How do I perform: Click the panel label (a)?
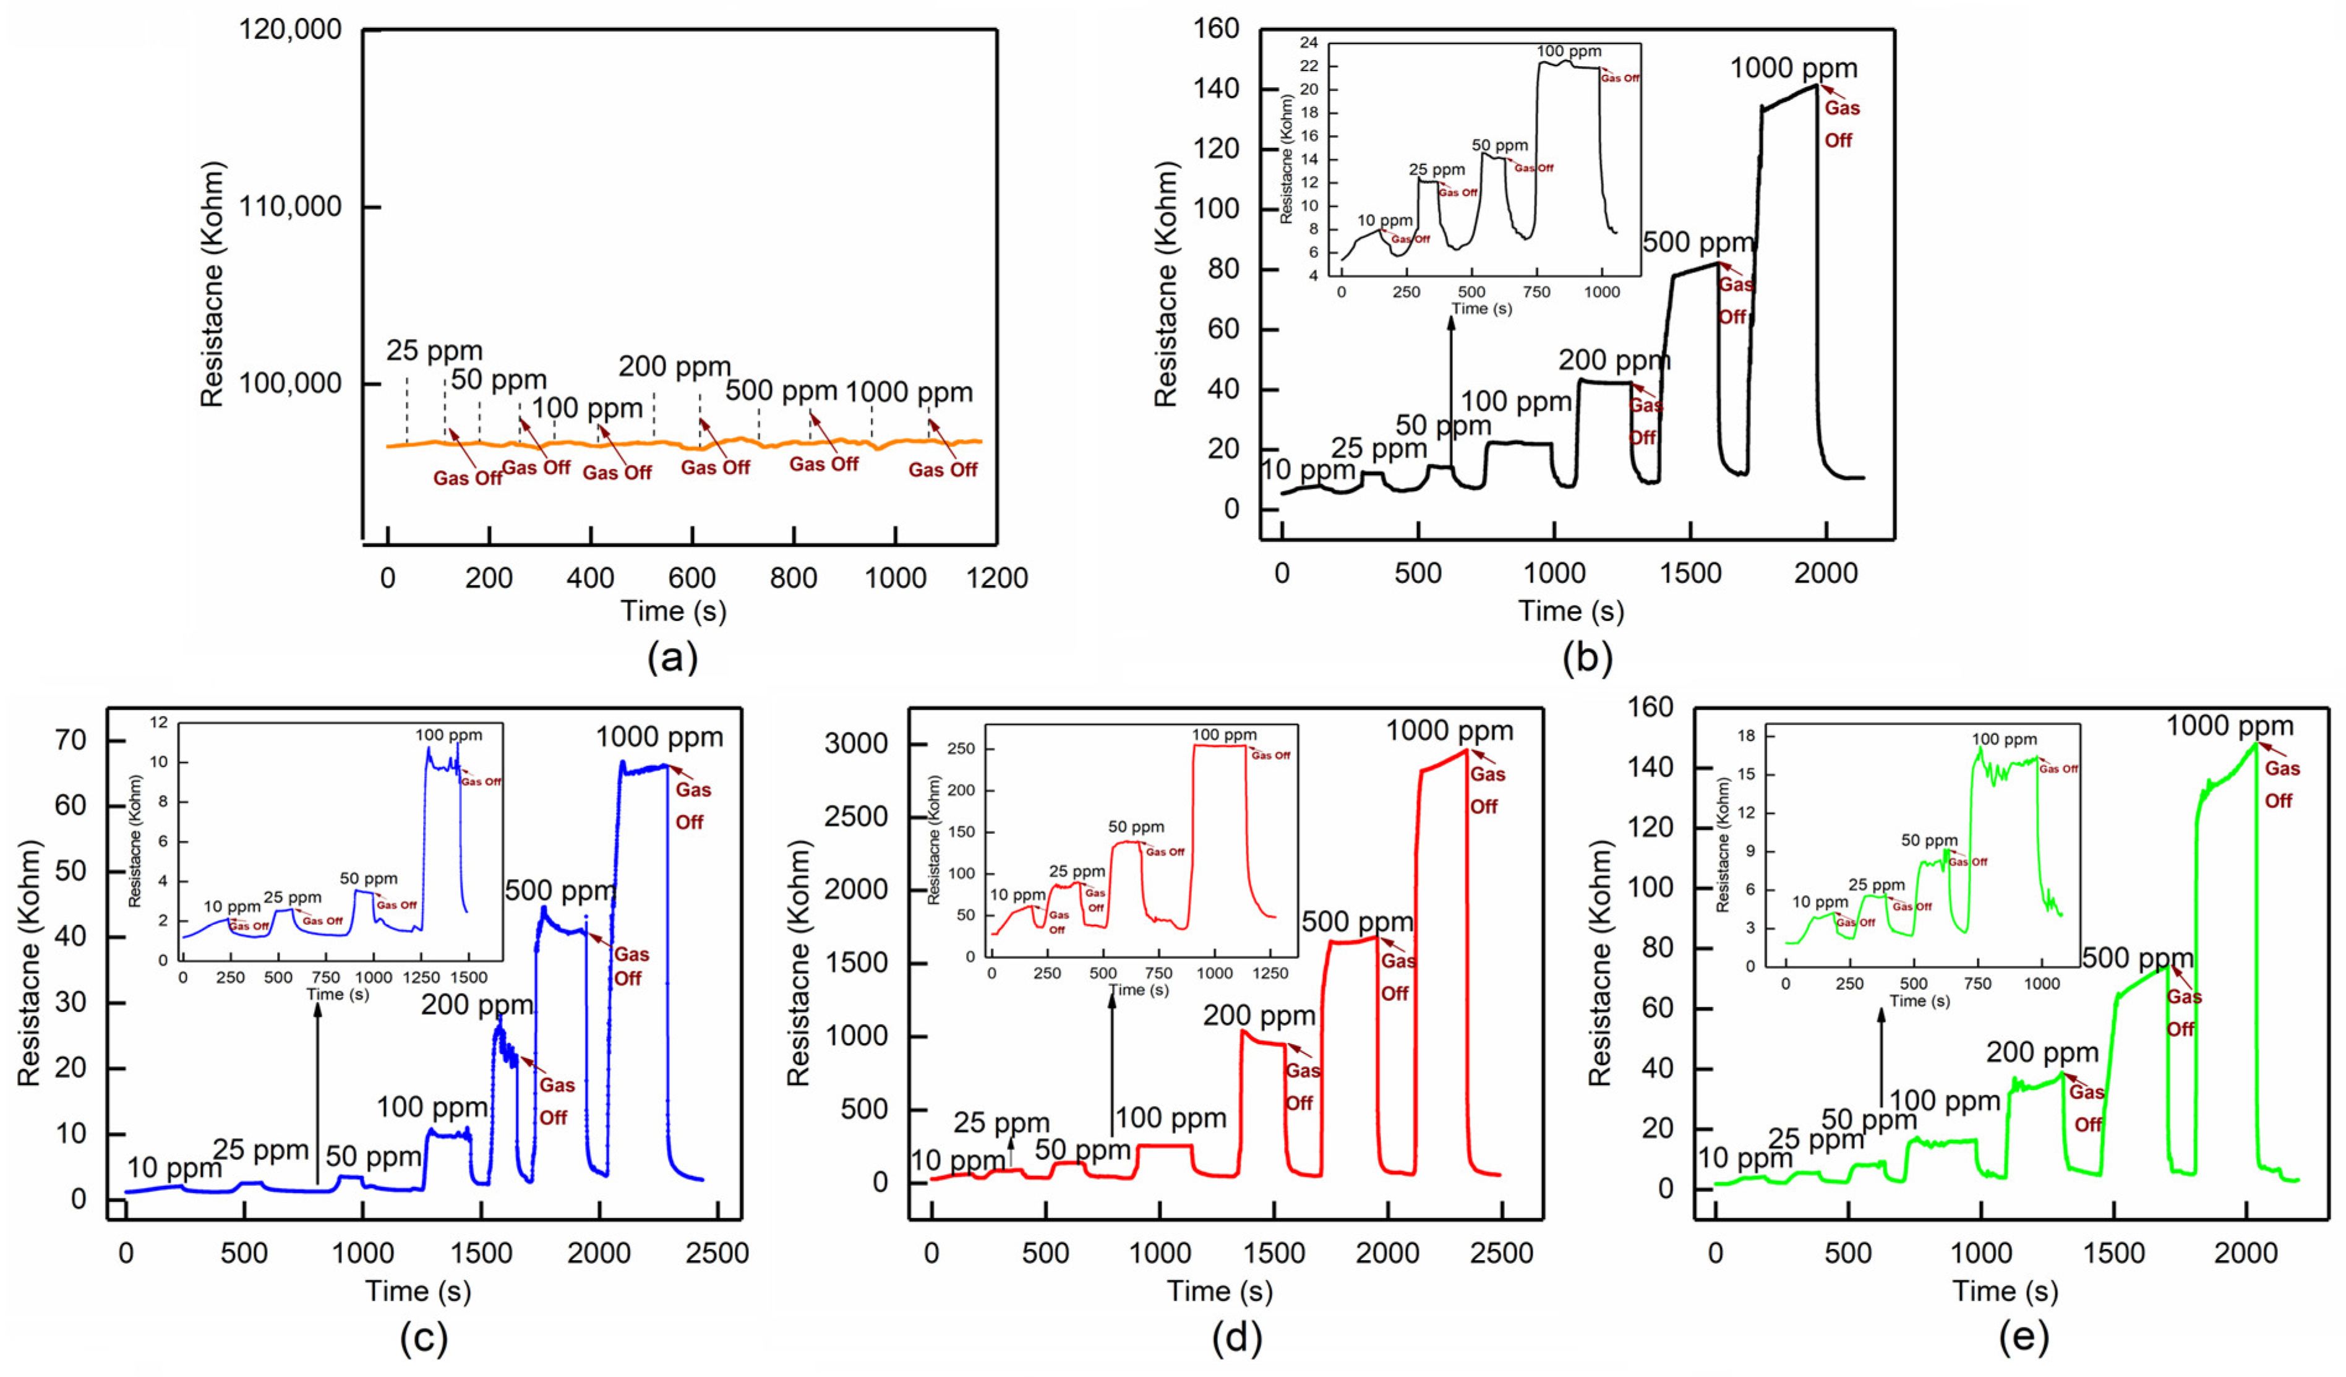click(672, 658)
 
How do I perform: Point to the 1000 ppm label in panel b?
click(1793, 68)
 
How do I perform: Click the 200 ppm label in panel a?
click(674, 367)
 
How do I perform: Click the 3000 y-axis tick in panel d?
click(855, 744)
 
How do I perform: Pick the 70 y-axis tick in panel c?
click(71, 740)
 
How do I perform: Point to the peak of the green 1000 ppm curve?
click(2256, 742)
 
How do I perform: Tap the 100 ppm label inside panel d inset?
click(1223, 735)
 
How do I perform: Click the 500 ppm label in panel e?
click(2138, 958)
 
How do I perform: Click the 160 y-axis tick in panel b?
click(1216, 30)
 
